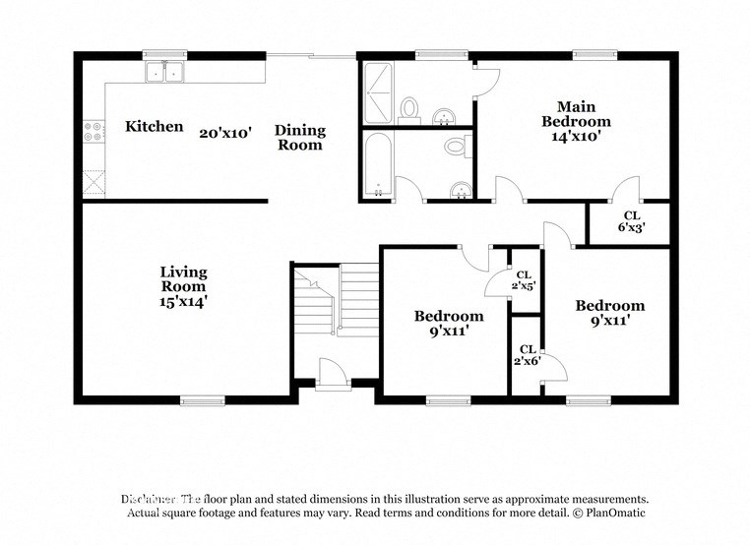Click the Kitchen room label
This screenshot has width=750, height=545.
coord(155,127)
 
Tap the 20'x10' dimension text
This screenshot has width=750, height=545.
coord(226,132)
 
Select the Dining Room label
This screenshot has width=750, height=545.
coord(299,138)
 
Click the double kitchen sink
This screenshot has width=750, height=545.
coord(164,72)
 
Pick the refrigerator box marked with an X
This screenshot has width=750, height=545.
coord(94,183)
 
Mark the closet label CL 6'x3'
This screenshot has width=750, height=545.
coord(631,221)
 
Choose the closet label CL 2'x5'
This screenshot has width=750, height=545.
coord(524,280)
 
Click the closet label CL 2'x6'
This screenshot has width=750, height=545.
coord(527,355)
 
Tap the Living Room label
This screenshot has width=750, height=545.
coord(183,278)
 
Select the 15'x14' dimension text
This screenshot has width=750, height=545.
coord(183,303)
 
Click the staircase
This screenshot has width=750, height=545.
coord(336,299)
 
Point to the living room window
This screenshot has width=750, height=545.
coord(203,400)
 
